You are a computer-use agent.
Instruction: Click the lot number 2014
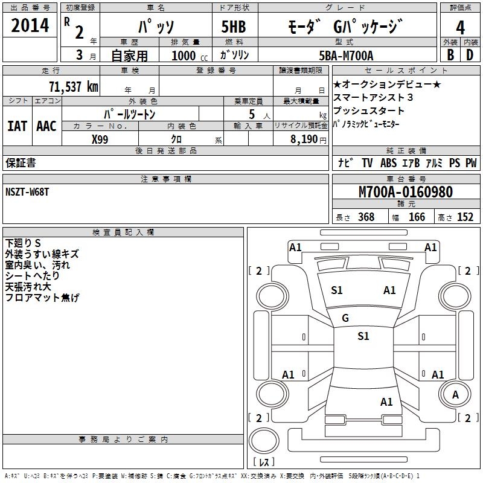[x=31, y=26]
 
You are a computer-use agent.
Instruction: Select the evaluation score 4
[x=461, y=27]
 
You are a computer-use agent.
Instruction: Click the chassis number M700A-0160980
[x=405, y=192]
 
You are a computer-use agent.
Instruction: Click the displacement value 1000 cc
[x=184, y=56]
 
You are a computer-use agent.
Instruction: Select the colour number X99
[x=100, y=139]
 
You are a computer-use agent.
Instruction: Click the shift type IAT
[x=17, y=126]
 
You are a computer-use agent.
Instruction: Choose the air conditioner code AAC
[x=46, y=126]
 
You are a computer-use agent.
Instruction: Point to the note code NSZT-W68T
[x=28, y=192]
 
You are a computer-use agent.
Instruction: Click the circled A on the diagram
[x=455, y=394]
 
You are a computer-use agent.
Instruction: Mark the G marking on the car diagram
[x=345, y=318]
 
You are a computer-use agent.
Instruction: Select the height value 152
[x=465, y=217]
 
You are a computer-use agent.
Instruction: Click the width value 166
[x=417, y=217]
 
